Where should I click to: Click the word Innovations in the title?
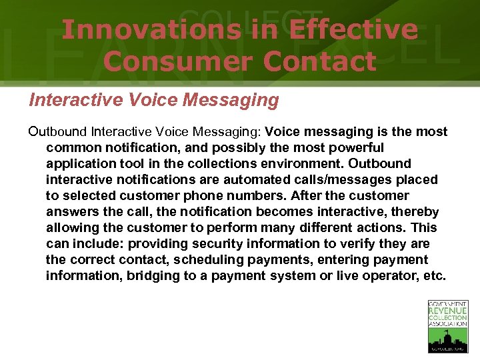pos(151,30)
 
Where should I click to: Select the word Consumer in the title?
pos(178,61)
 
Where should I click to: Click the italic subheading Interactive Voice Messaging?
pos(154,101)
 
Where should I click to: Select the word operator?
pos(392,275)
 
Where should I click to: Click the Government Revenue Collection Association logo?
pos(447,326)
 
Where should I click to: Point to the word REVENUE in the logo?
pos(447,311)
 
